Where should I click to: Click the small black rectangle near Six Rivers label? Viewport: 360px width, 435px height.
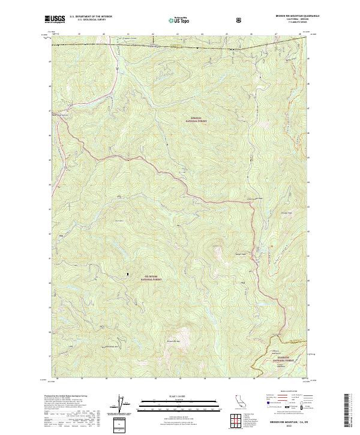(127, 275)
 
